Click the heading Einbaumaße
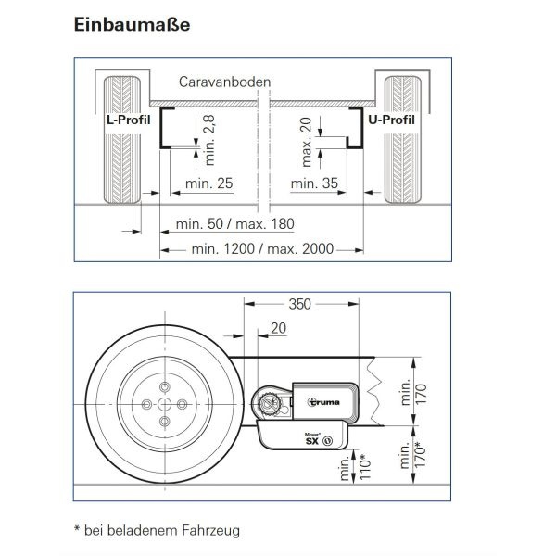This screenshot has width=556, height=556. (133, 24)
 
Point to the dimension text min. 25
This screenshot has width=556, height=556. (208, 183)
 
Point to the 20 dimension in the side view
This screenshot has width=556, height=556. (278, 328)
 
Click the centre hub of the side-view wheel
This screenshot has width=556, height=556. (164, 404)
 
